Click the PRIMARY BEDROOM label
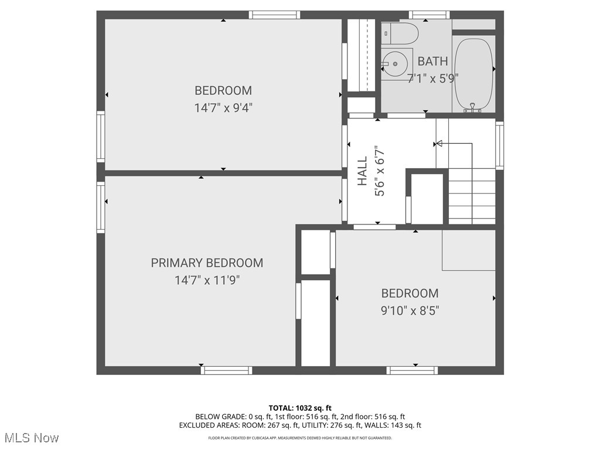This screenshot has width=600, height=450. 207,263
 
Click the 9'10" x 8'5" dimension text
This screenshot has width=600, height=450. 410,311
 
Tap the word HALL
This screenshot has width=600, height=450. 363,171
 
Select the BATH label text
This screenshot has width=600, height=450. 432,61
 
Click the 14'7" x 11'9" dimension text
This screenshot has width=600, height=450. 207,281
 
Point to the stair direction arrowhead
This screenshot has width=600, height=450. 438,143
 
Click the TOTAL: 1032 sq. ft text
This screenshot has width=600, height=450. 300,408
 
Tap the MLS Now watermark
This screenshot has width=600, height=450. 30,438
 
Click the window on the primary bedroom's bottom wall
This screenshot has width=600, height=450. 226,370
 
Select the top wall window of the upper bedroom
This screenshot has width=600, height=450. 274,15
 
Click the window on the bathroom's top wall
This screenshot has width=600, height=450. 429,15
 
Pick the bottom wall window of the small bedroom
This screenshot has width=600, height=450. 412,370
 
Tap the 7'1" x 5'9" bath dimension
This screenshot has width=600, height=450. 432,78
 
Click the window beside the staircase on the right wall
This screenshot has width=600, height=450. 499,145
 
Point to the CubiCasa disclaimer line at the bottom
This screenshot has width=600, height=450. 300,438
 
